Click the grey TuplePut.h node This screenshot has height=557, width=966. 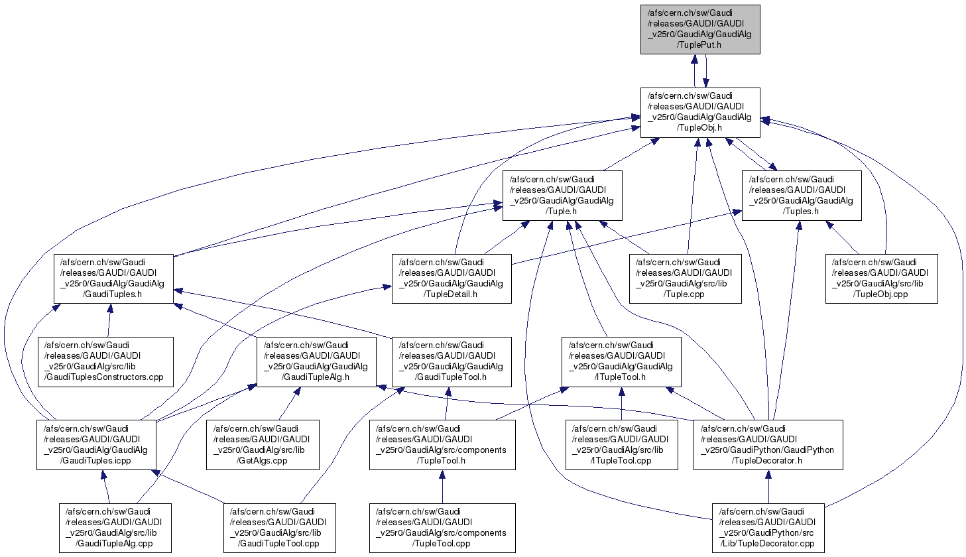[x=699, y=29]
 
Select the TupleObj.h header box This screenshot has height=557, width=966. [x=699, y=112]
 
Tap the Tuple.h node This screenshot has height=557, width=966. [x=562, y=196]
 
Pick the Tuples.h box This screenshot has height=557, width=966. [x=801, y=196]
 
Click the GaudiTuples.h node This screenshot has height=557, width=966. [x=113, y=278]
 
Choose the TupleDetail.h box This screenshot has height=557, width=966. [x=452, y=278]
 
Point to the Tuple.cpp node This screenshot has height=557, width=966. [x=685, y=278]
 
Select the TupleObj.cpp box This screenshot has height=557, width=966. [x=881, y=278]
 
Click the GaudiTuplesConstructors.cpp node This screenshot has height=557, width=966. [x=105, y=361]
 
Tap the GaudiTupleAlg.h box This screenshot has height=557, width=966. [x=317, y=361]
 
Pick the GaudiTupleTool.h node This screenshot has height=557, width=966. [x=452, y=361]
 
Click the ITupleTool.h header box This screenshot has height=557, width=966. [x=621, y=361]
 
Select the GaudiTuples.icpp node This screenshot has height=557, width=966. [x=96, y=445]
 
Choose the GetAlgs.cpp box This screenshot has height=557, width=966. [x=263, y=445]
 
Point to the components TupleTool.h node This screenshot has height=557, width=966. [x=442, y=445]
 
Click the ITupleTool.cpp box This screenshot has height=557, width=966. [x=621, y=445]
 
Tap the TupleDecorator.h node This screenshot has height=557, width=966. [x=768, y=445]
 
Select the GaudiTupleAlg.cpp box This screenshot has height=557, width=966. [x=115, y=528]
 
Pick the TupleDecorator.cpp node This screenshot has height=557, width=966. [x=768, y=528]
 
